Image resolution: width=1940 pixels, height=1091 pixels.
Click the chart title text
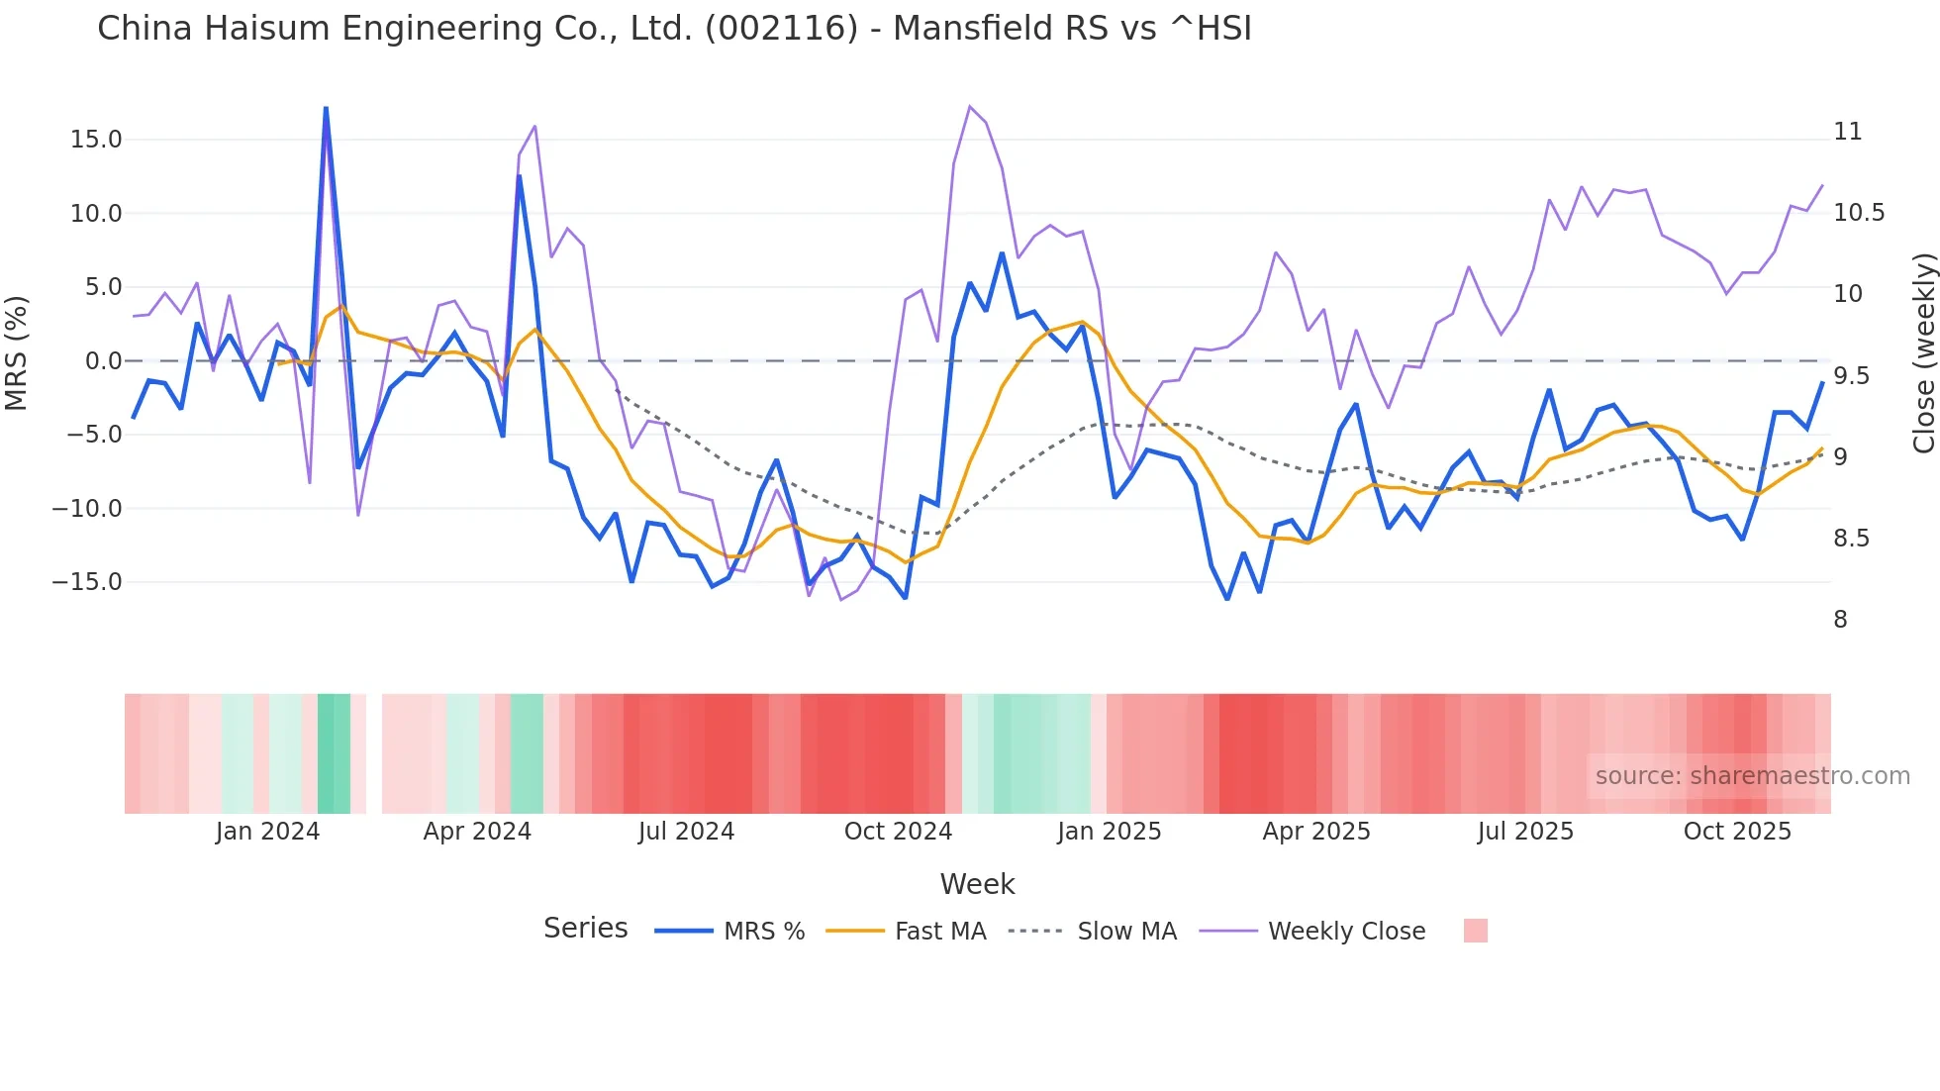tap(674, 29)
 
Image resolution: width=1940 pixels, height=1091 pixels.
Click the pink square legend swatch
tap(1475, 931)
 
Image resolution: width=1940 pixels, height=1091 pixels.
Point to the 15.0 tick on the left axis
tap(95, 140)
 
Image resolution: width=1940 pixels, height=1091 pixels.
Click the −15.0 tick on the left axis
tap(87, 582)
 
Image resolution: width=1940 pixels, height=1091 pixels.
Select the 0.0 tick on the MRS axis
tap(103, 361)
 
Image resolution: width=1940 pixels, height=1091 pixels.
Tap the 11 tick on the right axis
tap(1847, 132)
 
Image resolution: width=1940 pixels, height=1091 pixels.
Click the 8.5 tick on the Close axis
tap(1851, 539)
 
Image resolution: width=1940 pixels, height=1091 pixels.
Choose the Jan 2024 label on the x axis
tap(267, 832)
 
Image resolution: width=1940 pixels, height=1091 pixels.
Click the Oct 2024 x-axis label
tap(898, 832)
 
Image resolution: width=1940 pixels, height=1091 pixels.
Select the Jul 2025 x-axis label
tap(1525, 832)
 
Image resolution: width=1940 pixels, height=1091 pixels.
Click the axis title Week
tap(977, 884)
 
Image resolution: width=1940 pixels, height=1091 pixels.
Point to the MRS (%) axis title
tap(17, 352)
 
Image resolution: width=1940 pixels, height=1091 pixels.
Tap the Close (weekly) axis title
tap(1923, 353)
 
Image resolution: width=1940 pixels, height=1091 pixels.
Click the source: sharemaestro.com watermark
tap(1752, 776)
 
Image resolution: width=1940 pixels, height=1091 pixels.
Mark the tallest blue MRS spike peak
tap(326, 108)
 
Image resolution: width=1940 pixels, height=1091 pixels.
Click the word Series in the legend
tap(585, 929)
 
